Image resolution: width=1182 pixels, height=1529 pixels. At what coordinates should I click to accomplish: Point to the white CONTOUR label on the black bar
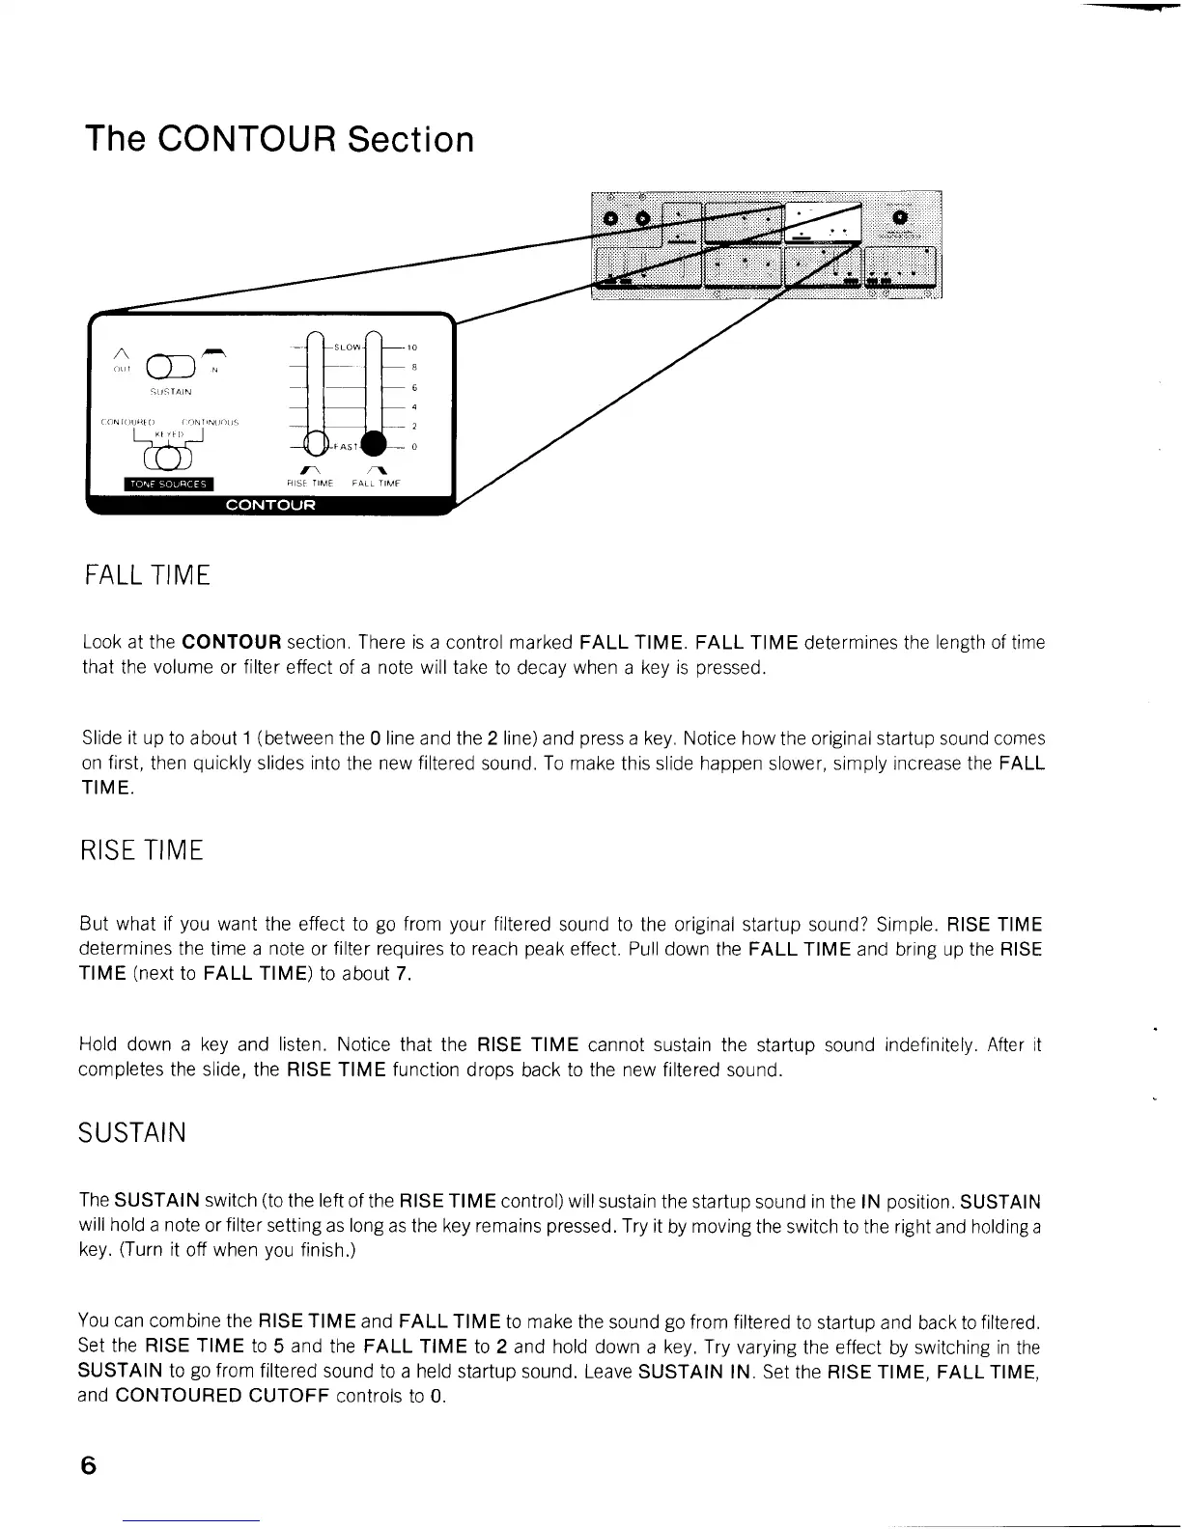point(269,505)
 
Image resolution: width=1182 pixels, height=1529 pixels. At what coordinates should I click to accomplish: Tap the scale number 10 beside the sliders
point(412,347)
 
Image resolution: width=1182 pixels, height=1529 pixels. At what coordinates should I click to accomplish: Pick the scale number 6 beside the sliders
point(413,387)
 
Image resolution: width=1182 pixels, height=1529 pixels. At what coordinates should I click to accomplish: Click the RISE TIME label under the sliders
point(310,483)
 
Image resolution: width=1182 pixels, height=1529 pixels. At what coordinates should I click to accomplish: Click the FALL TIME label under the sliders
point(376,483)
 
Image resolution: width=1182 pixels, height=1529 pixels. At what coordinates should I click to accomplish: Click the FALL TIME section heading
point(146,576)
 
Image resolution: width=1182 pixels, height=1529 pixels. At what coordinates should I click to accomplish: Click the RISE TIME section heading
point(141,850)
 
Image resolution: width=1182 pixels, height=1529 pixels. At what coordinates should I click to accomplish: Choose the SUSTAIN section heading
point(131,1131)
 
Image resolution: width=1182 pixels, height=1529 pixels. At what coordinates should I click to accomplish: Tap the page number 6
point(89,1464)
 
